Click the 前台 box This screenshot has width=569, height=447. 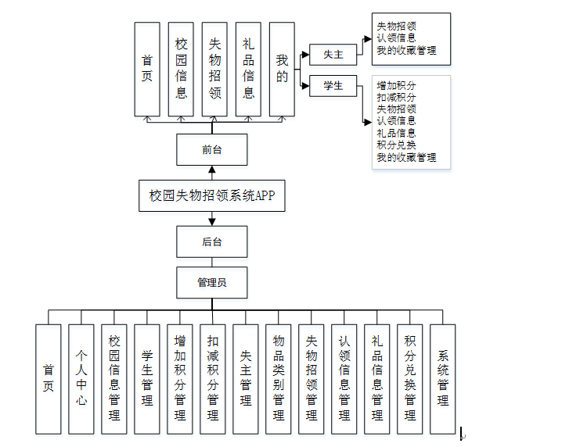[x=212, y=149]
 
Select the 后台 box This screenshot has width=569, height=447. [x=212, y=241]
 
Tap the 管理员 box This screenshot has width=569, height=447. [x=212, y=282]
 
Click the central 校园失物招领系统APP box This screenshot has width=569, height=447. [x=212, y=195]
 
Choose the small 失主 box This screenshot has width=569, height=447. [x=333, y=54]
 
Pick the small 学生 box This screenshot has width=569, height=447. [x=333, y=85]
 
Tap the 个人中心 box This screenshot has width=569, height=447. [x=81, y=378]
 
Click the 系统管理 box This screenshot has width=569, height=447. [x=442, y=378]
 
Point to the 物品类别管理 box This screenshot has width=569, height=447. [x=278, y=378]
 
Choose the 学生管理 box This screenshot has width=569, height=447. [x=146, y=378]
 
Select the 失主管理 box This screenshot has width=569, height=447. [x=245, y=378]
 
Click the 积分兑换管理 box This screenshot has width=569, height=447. [x=409, y=378]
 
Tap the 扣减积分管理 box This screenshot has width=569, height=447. [x=212, y=378]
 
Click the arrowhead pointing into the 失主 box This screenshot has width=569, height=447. [x=305, y=54]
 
